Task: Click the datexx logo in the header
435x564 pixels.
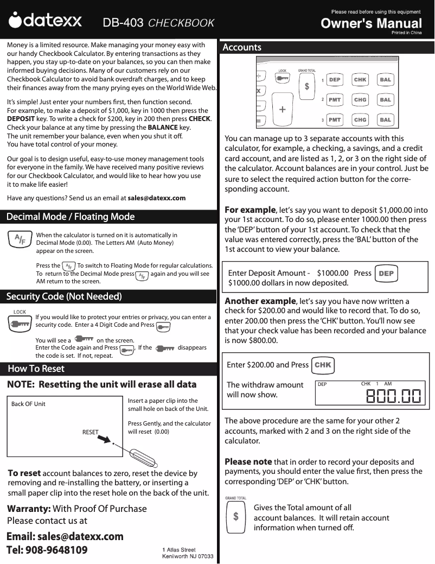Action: coord(46,22)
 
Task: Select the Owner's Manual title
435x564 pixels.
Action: coord(371,23)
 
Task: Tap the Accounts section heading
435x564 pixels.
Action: coord(242,48)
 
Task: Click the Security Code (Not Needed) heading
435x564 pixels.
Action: coord(64,296)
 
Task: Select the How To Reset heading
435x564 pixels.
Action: coord(36,369)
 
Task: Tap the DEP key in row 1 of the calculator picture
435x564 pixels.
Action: coord(335,80)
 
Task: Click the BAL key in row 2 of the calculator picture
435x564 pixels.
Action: coord(385,100)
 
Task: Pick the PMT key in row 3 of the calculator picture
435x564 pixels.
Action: coord(335,119)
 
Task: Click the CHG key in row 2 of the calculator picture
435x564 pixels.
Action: coord(360,100)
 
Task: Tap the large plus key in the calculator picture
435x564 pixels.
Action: coord(282,109)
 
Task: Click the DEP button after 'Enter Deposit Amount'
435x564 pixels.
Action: coord(386,274)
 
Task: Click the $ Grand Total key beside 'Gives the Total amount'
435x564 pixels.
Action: coord(235,517)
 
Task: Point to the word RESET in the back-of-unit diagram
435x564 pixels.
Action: coord(91,432)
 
